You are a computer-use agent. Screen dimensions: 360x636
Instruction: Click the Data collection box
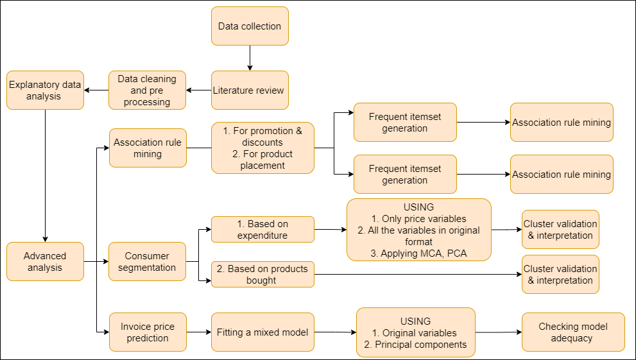tap(250, 26)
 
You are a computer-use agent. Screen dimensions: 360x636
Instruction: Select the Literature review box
tap(250, 90)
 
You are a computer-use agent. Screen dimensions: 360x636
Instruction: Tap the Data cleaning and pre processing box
tap(147, 90)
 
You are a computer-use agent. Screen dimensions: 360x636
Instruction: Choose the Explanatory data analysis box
tap(45, 90)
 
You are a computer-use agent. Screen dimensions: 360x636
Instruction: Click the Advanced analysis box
tap(45, 261)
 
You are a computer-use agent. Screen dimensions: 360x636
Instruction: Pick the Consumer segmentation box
tap(147, 261)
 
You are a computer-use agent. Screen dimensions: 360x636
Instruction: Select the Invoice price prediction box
tap(147, 332)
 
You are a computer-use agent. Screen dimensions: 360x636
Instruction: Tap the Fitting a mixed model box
tap(262, 332)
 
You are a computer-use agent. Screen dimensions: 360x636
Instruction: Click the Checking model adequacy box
tap(572, 332)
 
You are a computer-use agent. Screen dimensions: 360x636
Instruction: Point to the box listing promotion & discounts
tap(262, 148)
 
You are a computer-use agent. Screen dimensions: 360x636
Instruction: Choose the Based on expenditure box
tap(262, 229)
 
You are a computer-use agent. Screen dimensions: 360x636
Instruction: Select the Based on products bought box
tap(262, 274)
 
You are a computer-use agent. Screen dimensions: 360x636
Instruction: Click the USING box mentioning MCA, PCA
tap(418, 230)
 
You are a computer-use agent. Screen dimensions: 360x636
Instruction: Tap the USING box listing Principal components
tap(415, 332)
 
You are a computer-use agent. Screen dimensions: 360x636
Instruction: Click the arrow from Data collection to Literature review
tap(250, 58)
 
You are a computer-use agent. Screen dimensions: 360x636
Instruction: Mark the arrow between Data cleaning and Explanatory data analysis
tap(96, 90)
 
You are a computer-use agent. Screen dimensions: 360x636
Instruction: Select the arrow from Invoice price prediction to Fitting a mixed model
tap(199, 332)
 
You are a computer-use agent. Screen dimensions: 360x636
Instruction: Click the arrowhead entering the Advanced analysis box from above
tap(45, 238)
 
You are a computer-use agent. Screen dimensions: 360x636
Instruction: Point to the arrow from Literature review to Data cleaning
tap(199, 90)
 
